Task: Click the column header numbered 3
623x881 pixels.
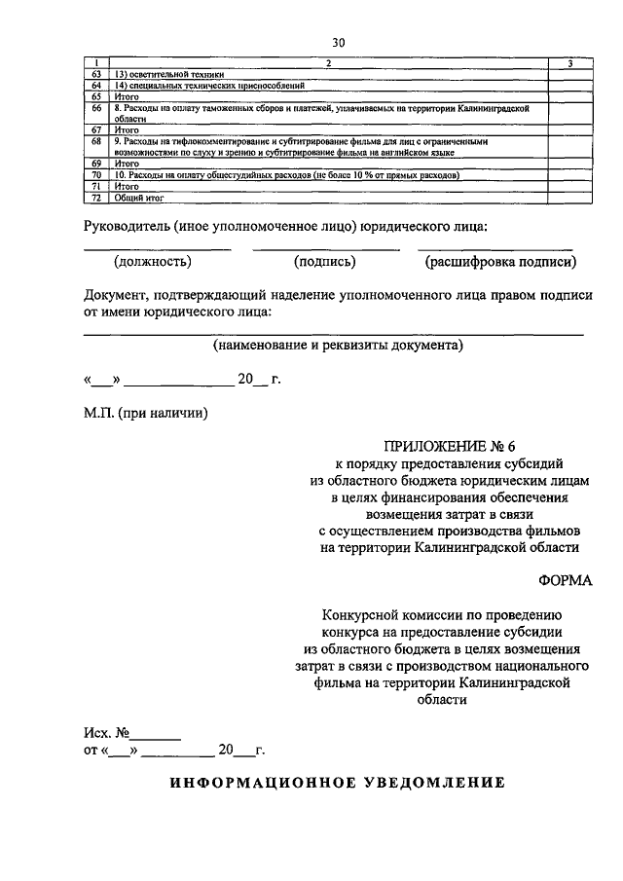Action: [x=569, y=64]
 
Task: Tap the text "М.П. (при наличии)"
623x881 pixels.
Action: [x=143, y=413]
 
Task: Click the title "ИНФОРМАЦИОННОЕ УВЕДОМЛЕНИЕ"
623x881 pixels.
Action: [x=338, y=783]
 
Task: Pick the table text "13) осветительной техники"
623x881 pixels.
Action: [x=169, y=74]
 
